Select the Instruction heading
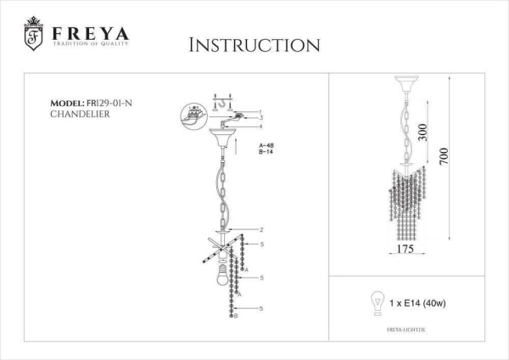point(254,44)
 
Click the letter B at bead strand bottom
point(235,316)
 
